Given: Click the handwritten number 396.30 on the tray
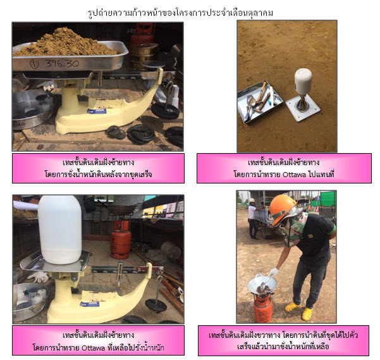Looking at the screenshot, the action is pyautogui.click(x=62, y=63).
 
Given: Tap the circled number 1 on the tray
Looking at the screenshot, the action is pyautogui.click(x=34, y=65).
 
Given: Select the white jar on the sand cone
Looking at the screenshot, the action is pyautogui.click(x=303, y=81).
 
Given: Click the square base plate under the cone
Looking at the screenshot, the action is pyautogui.click(x=303, y=108).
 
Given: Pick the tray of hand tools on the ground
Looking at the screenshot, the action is pyautogui.click(x=260, y=101).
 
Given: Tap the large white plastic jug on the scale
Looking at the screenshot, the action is pyautogui.click(x=60, y=230).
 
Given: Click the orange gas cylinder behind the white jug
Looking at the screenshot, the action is pyautogui.click(x=121, y=240).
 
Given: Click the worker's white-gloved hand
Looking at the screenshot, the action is pyautogui.click(x=274, y=272).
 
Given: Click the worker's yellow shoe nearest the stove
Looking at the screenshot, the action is pyautogui.click(x=292, y=307).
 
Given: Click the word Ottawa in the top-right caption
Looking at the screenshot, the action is pyautogui.click(x=295, y=174).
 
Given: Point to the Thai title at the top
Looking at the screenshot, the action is pyautogui.click(x=181, y=13).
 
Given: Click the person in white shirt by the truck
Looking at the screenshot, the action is pyautogui.click(x=254, y=219).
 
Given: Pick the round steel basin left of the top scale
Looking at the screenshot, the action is pyautogui.click(x=33, y=108).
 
